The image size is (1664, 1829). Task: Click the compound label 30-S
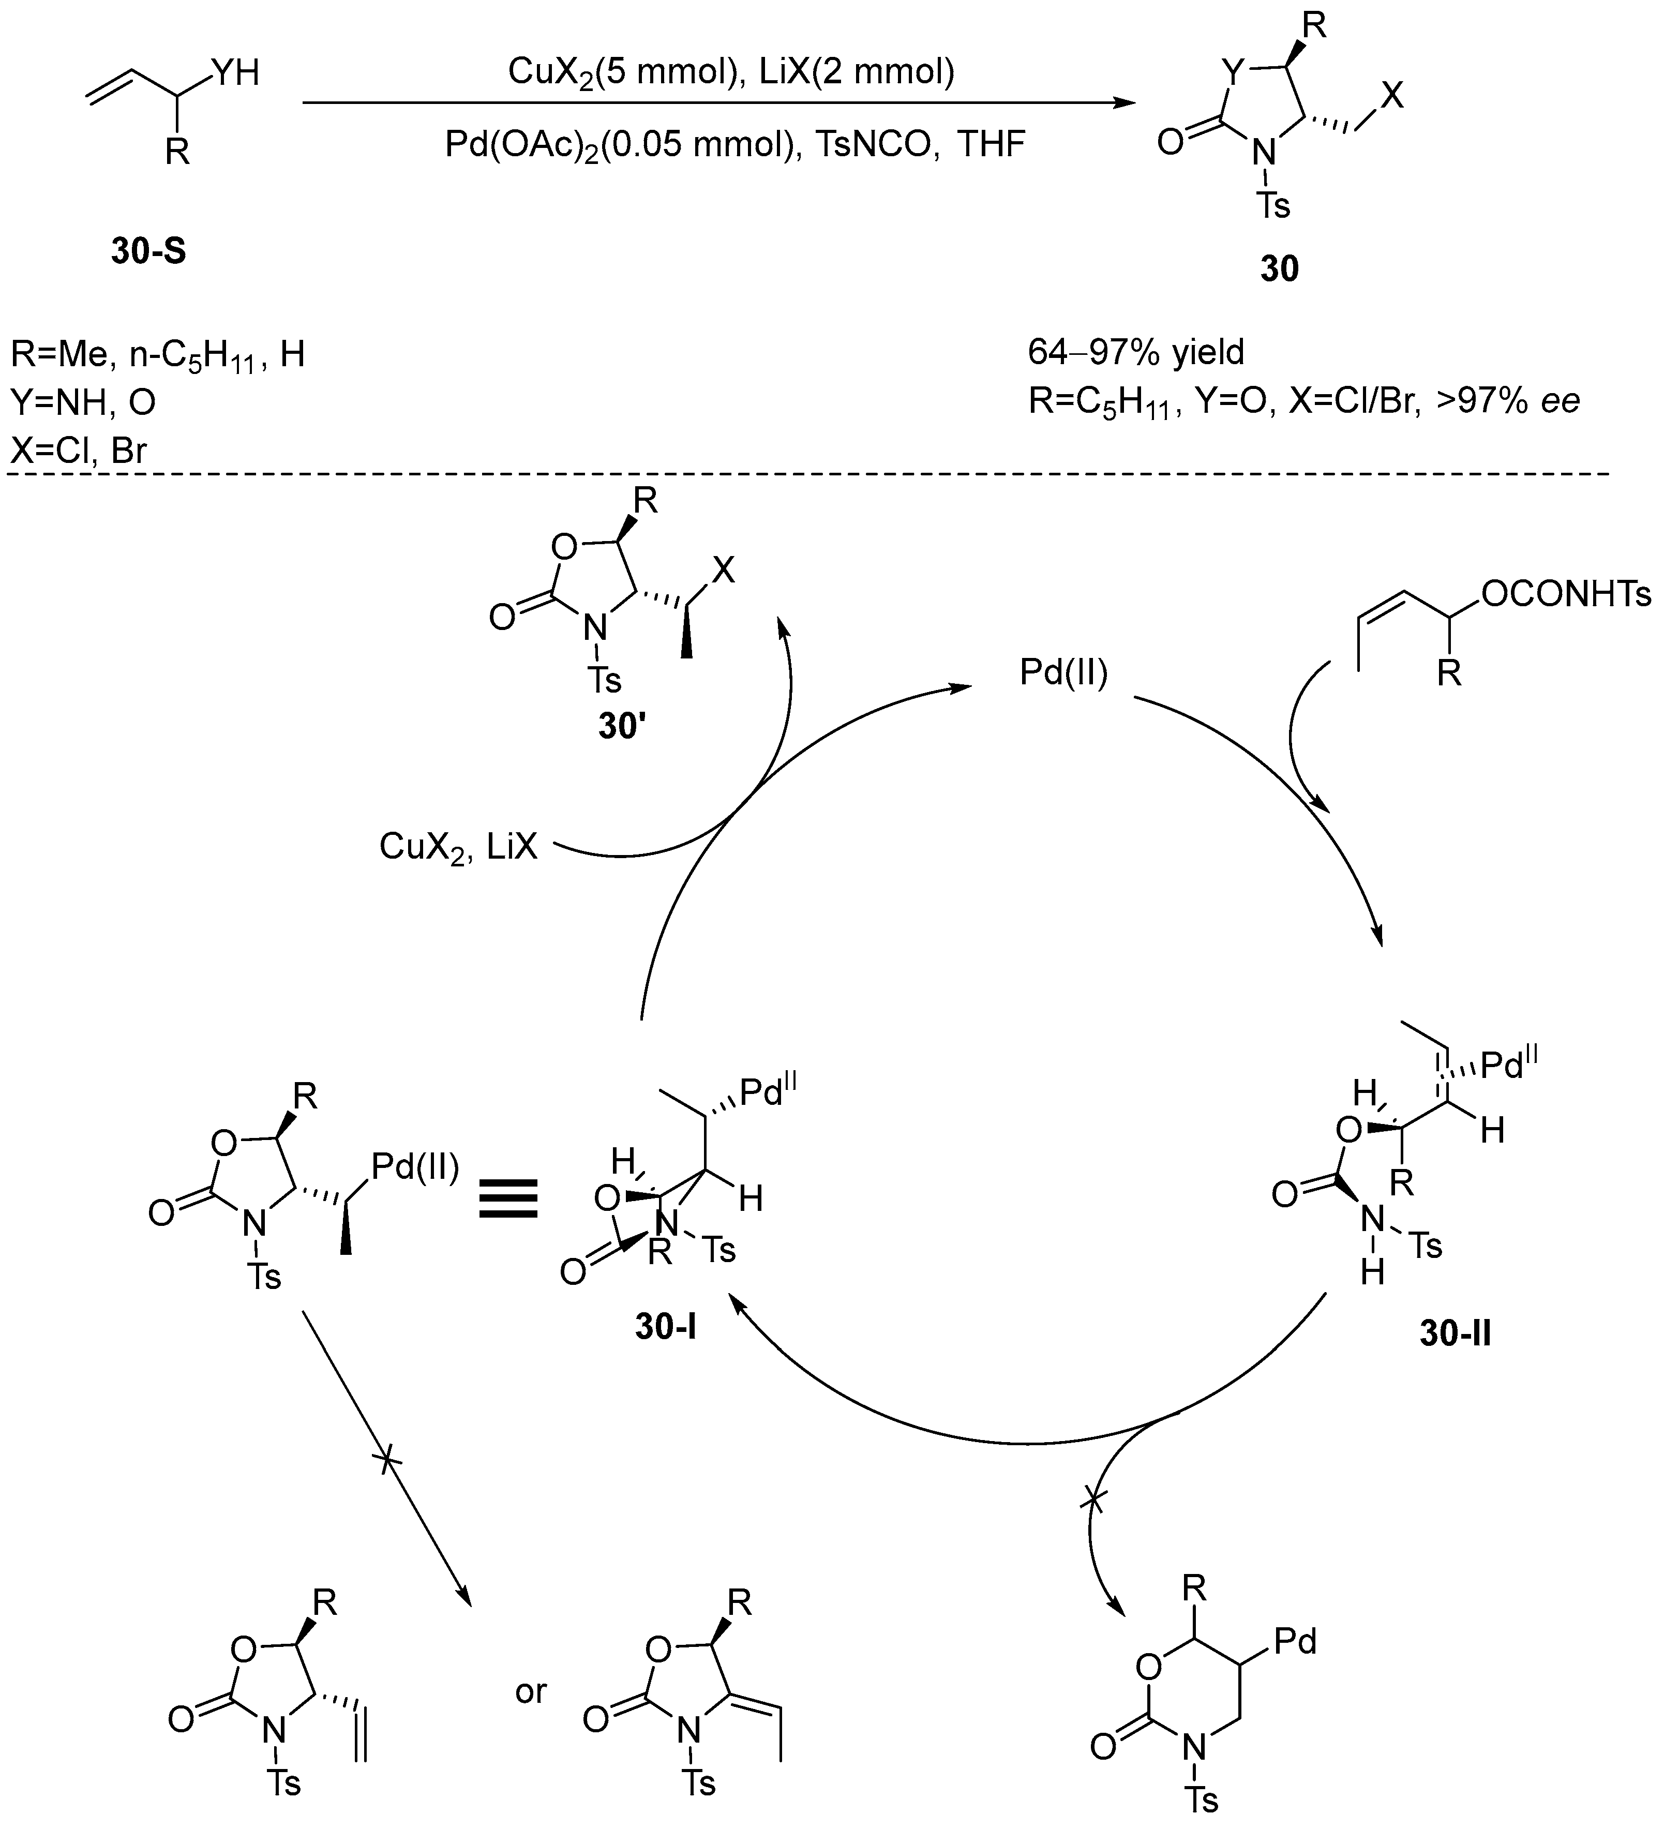149,250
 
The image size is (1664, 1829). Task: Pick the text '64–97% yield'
1136,351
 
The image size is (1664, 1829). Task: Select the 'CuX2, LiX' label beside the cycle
458,846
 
